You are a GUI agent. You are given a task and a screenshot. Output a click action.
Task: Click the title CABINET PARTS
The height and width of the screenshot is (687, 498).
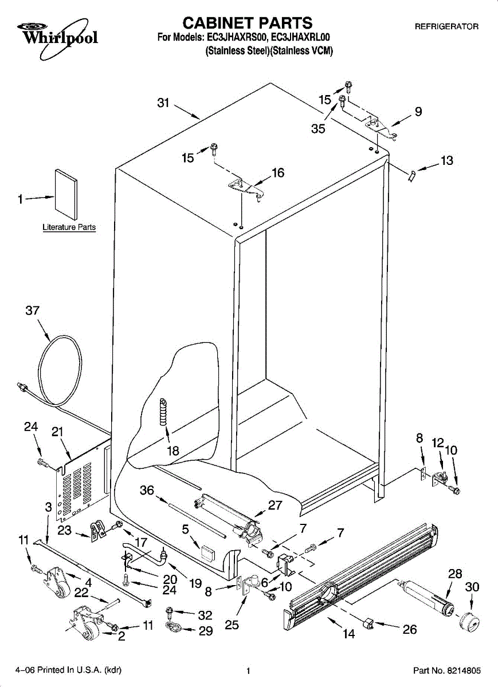click(x=247, y=23)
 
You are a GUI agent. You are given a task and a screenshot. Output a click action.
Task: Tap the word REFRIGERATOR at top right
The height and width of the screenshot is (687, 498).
click(x=446, y=26)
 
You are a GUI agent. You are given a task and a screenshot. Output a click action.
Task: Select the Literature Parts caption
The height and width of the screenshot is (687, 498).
click(x=69, y=227)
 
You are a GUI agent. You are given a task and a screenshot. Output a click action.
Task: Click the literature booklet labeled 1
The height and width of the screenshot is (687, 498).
click(x=66, y=193)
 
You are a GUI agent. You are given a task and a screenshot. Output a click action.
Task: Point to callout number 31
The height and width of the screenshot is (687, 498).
click(x=164, y=103)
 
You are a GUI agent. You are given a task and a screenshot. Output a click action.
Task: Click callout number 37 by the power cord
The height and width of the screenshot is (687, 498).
click(x=33, y=311)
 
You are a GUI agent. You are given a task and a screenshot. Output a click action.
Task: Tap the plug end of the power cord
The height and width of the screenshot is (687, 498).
click(x=23, y=388)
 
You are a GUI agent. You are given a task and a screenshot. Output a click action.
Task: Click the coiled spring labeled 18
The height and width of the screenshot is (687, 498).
click(x=165, y=412)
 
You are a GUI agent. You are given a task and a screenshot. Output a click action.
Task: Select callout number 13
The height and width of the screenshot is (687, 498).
click(x=446, y=161)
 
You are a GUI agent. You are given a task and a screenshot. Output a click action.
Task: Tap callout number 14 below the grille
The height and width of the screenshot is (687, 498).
click(x=348, y=634)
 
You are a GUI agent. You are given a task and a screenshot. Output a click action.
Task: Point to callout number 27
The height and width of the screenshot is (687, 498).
click(x=276, y=505)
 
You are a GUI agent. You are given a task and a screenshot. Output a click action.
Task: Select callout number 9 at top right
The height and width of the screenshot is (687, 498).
click(x=418, y=112)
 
